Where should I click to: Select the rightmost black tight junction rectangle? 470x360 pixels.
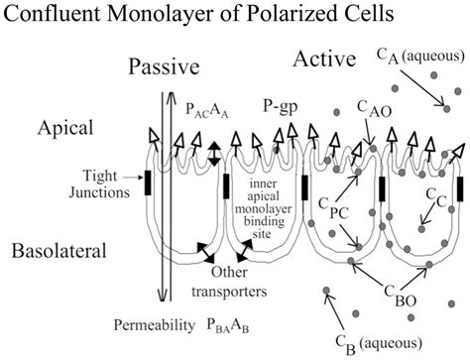pyautogui.click(x=459, y=187)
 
